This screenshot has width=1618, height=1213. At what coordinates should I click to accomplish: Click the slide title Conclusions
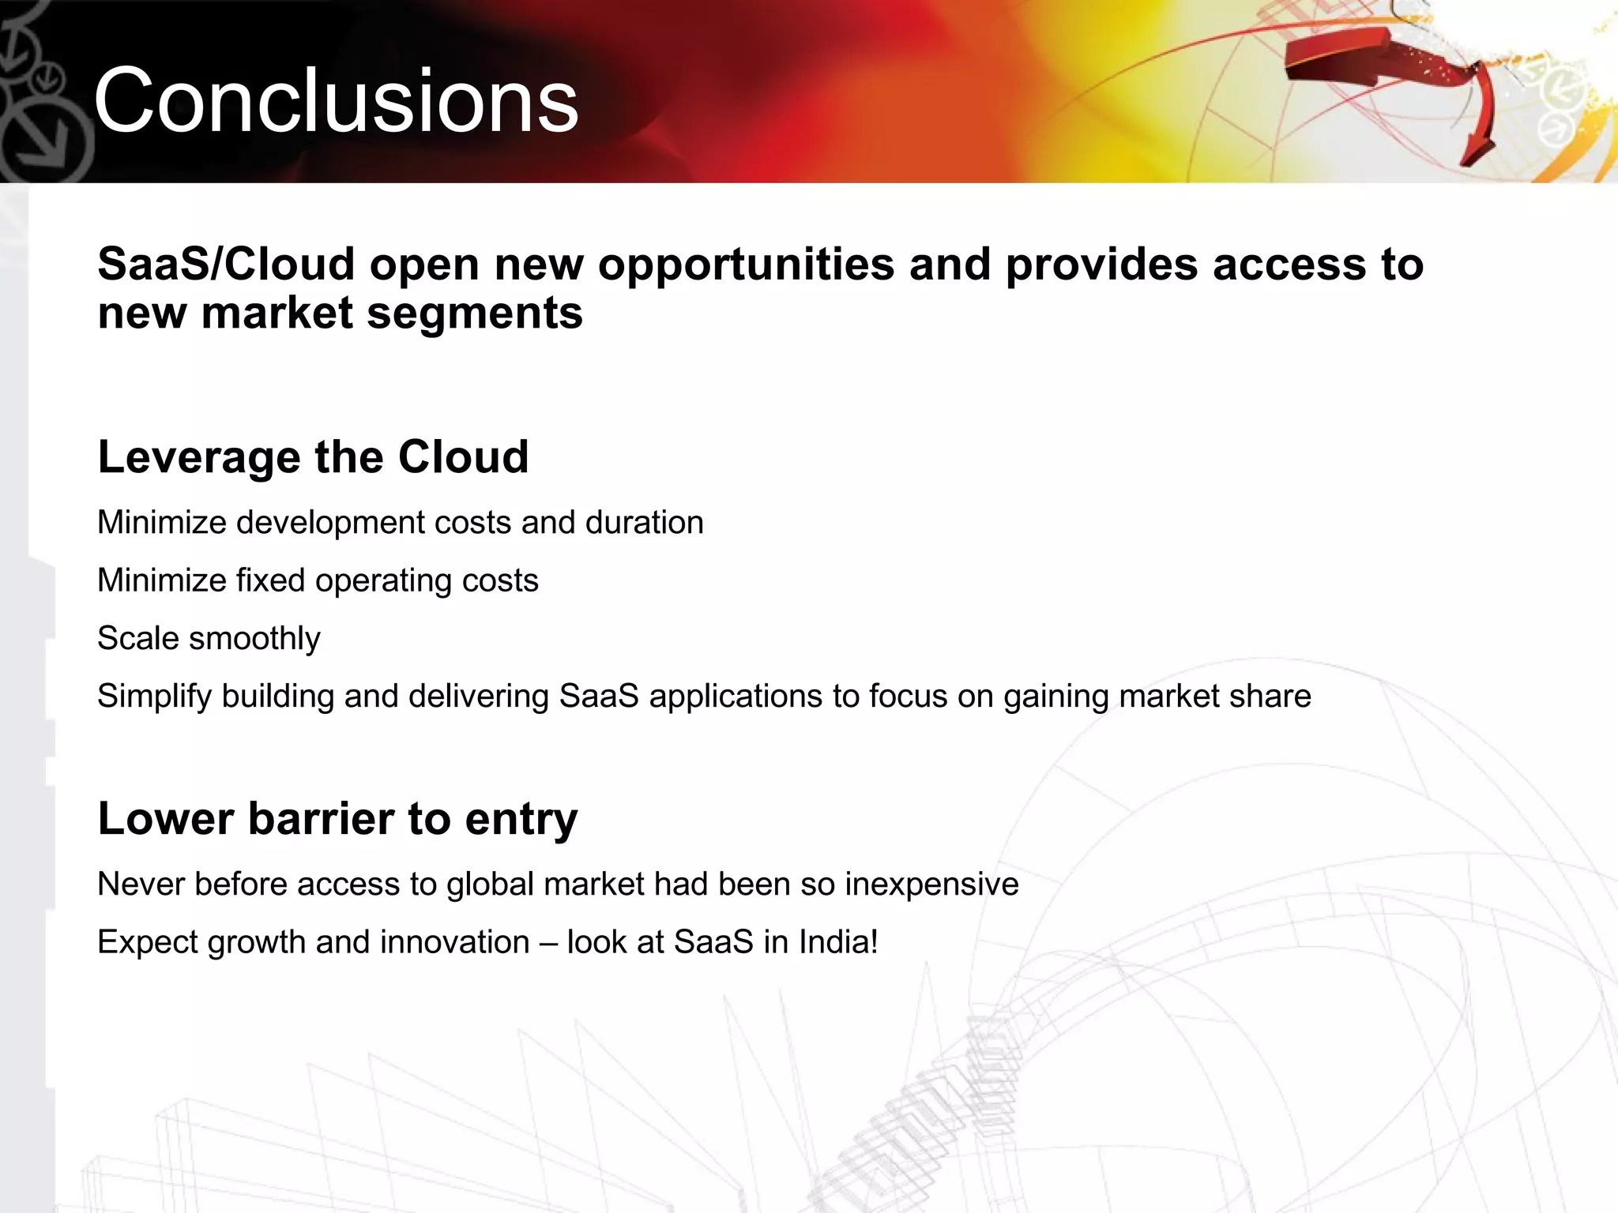(x=336, y=101)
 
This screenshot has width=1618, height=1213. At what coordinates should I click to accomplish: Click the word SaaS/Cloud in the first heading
(x=226, y=264)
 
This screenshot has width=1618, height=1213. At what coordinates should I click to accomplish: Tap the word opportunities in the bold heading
(x=746, y=264)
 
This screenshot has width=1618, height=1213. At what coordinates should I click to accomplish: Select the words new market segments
(x=340, y=313)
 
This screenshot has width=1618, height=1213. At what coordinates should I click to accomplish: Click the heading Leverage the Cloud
(x=313, y=456)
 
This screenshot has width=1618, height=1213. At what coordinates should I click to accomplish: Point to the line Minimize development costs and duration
(x=400, y=523)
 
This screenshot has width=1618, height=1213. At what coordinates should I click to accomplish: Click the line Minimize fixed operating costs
(x=318, y=580)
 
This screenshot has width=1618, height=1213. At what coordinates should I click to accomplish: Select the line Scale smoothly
(x=209, y=638)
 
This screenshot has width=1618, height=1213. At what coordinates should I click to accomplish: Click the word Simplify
(x=154, y=697)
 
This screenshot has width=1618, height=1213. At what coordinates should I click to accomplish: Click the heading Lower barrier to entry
(x=337, y=818)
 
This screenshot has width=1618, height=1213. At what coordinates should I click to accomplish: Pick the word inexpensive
(x=931, y=884)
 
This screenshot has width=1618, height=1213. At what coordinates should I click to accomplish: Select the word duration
(x=644, y=523)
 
